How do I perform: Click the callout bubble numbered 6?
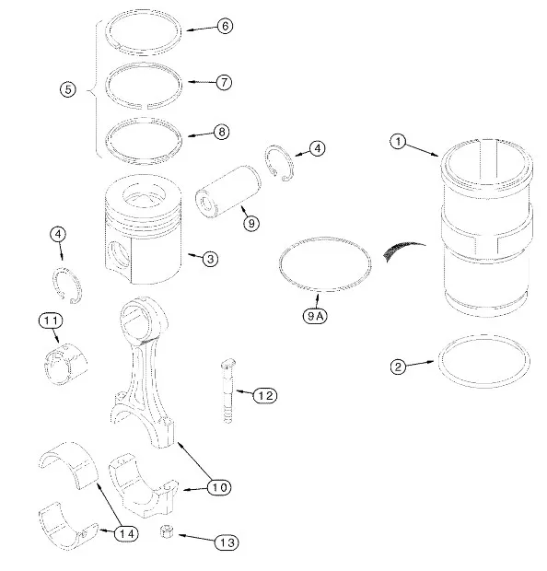pos(225,26)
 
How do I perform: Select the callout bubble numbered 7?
pos(224,82)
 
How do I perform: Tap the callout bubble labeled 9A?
pos(315,316)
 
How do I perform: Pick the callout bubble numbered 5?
pos(68,89)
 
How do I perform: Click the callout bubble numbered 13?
pos(227,542)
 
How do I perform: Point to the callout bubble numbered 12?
pos(265,395)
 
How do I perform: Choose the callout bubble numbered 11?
pos(51,320)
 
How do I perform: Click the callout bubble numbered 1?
pos(398,141)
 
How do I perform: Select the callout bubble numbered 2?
pos(398,367)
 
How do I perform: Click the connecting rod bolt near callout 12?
pos(228,390)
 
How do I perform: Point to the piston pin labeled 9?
pos(228,192)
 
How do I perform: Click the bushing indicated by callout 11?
pos(66,364)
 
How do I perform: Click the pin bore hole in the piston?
pos(119,256)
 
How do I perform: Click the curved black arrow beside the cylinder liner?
pos(402,251)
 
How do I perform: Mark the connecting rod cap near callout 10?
pos(144,486)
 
